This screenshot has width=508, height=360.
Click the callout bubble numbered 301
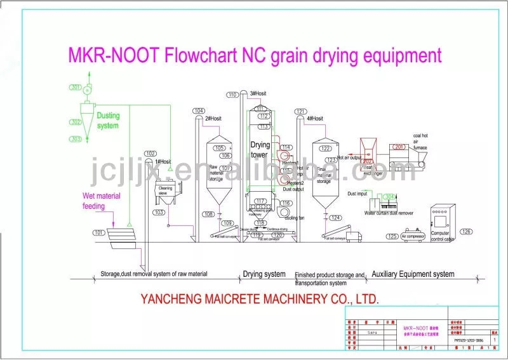coord(76,87)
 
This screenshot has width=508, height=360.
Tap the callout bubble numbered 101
coord(98,233)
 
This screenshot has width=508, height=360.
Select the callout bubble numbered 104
coord(199,110)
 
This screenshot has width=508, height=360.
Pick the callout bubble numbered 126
coord(467,232)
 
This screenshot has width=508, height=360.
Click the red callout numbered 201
coord(399,147)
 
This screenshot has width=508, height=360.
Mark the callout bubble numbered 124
coord(336,218)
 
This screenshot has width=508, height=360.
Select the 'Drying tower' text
coord(260,149)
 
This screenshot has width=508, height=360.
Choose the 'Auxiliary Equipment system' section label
coord(413,274)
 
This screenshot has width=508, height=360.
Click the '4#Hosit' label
coord(315,119)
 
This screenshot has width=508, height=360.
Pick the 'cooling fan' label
coord(295,218)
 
